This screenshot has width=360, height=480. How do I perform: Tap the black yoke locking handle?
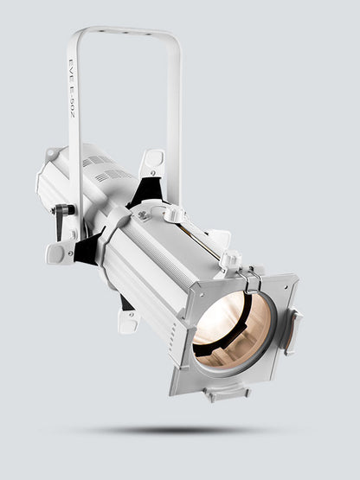pyautogui.click(x=61, y=217)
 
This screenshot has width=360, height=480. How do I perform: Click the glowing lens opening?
pyautogui.click(x=232, y=330)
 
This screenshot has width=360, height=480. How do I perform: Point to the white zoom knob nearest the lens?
pyautogui.click(x=230, y=259)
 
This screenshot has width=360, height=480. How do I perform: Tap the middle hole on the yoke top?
pyautogui.click(x=124, y=31)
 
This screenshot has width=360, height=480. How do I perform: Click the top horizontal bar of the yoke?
pyautogui.click(x=125, y=33)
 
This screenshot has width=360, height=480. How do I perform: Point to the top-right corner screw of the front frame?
pyautogui.click(x=292, y=282)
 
